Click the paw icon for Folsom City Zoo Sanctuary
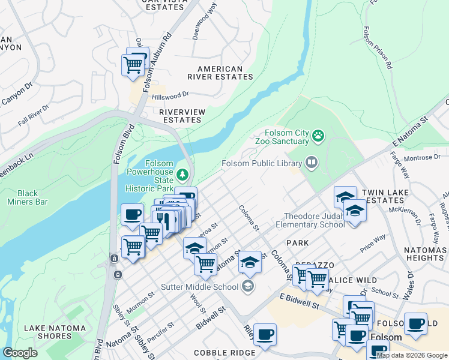pyautogui.click(x=318, y=137)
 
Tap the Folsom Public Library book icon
pyautogui.click(x=312, y=163)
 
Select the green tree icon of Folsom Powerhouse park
pyautogui.click(x=182, y=175)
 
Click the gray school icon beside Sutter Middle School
pyautogui.click(x=247, y=286)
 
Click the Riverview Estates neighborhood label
pyautogui.click(x=182, y=116)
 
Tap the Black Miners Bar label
pyautogui.click(x=32, y=197)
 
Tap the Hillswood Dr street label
pyautogui.click(x=170, y=95)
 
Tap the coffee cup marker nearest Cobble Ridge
pyautogui.click(x=265, y=335)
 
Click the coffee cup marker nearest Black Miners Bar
pyautogui.click(x=132, y=215)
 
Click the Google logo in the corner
pyautogui.click(x=20, y=353)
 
